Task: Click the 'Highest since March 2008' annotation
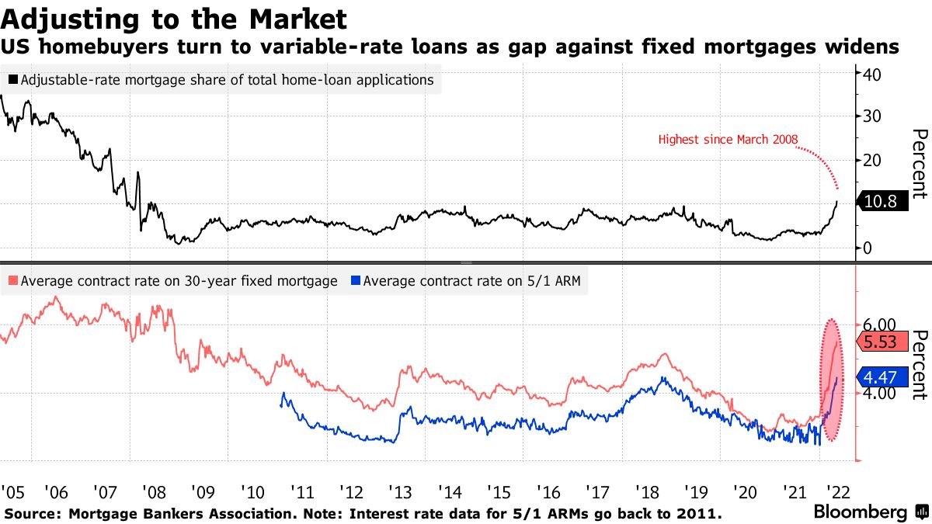[x=728, y=140]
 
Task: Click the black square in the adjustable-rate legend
[x=13, y=79]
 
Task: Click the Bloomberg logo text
[x=860, y=512]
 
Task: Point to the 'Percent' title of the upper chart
[x=919, y=164]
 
